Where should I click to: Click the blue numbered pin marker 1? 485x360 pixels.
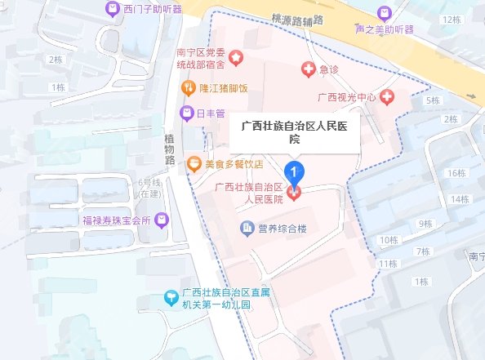click(294, 172)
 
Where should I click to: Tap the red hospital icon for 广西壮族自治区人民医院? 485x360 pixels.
click(294, 192)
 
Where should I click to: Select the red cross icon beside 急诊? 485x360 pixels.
click(309, 69)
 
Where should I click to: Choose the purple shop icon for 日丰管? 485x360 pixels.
click(187, 113)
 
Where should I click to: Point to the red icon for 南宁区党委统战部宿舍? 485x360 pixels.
click(236, 57)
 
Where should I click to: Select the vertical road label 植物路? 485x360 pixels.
click(170, 147)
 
